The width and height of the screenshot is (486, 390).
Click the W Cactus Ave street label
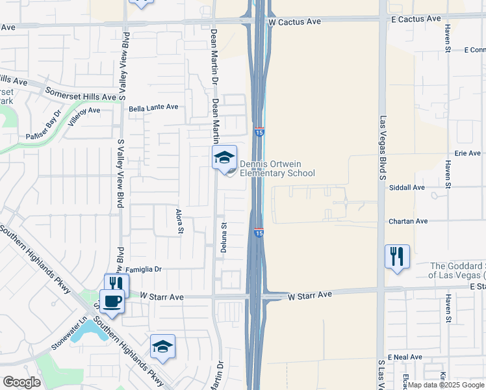pyautogui.click(x=295, y=21)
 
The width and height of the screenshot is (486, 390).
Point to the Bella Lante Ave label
pyautogui.click(x=153, y=107)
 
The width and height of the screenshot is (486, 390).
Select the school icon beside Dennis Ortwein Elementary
pyautogui.click(x=224, y=157)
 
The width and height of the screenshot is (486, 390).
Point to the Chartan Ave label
pyautogui.click(x=408, y=221)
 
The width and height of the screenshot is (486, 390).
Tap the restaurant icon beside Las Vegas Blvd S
pyautogui.click(x=396, y=255)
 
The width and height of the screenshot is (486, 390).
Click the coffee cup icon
pyautogui.click(x=112, y=301)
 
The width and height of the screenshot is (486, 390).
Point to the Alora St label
pyautogui.click(x=179, y=221)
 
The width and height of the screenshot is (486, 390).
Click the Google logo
pyautogui.click(x=22, y=382)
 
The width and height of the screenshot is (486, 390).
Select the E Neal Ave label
pyautogui.click(x=405, y=357)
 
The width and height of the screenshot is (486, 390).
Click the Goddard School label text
pyautogui.click(x=457, y=270)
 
